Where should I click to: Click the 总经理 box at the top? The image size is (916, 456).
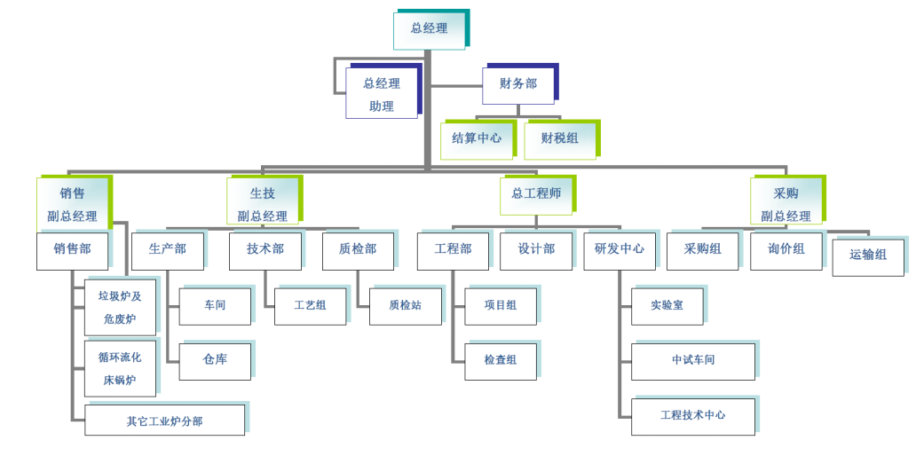[430, 29]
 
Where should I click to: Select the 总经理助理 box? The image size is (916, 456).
[382, 94]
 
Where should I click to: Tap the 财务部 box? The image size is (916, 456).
[518, 84]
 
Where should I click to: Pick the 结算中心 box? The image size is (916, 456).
[477, 138]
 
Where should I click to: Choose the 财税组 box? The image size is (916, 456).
[559, 138]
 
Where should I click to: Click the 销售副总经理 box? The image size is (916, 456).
[73, 204]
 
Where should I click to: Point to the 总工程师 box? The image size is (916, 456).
[535, 194]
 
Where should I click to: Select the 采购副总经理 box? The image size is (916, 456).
[786, 204]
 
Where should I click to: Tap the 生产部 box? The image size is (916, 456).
[168, 249]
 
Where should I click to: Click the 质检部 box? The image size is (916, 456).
[357, 249]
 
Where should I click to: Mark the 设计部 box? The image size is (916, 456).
[536, 249]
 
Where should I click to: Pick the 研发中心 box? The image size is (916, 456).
[620, 249]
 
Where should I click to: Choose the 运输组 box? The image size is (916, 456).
[867, 256]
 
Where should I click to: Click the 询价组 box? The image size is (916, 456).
[786, 249]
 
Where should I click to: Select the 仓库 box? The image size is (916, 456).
[215, 360]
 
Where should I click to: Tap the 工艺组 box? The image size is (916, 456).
[310, 305]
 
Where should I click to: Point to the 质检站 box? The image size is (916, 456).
[405, 305]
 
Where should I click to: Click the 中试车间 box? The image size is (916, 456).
[692, 360]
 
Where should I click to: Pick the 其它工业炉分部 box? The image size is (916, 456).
[164, 421]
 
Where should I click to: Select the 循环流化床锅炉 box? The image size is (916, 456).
[120, 368]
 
